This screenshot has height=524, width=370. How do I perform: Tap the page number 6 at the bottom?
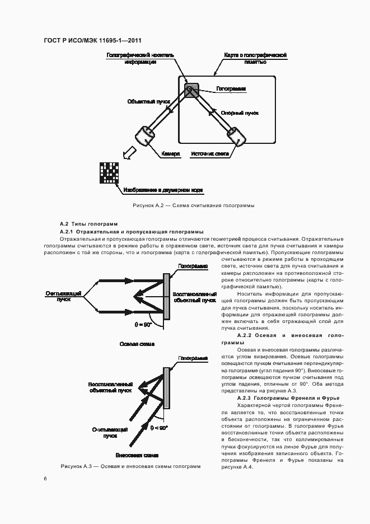click(x=46, y=478)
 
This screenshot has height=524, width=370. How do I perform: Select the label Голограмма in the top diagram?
click(x=231, y=88)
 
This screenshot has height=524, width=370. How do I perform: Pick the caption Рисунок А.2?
click(x=193, y=205)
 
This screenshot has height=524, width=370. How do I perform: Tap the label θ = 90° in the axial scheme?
click(x=143, y=324)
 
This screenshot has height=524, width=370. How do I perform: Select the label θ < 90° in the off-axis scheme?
click(x=158, y=428)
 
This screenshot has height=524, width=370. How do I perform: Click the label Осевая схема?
click(x=137, y=344)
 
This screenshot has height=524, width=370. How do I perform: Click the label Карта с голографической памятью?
click(x=255, y=59)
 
